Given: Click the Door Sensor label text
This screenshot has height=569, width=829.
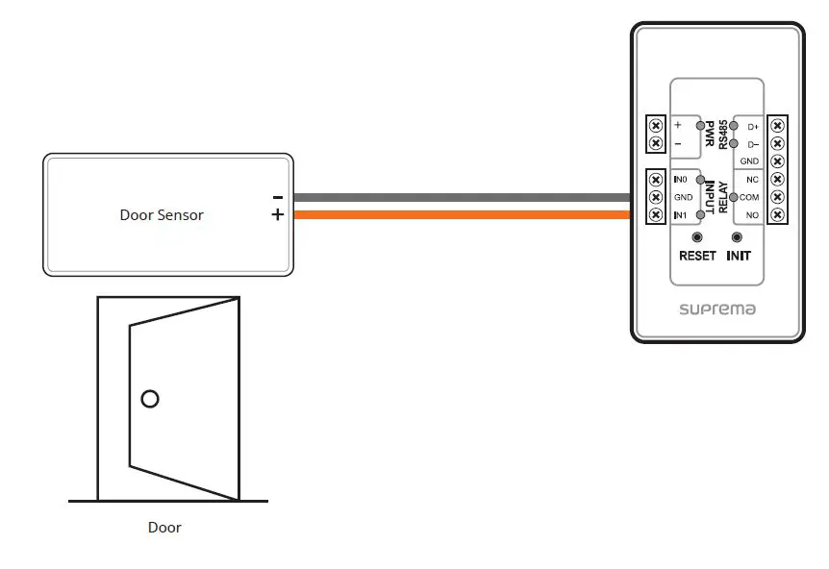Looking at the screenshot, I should [162, 215].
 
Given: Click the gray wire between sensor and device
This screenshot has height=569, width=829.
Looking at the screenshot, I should [462, 198].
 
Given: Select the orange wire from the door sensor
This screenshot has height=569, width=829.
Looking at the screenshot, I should [462, 215].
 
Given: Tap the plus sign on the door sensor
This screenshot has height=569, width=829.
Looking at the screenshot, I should [277, 215].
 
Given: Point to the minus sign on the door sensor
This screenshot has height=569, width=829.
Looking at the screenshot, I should [277, 196].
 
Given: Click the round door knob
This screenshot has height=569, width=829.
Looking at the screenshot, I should [149, 398].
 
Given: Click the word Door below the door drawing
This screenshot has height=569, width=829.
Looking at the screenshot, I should [164, 528].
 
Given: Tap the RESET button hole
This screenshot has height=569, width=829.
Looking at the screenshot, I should [697, 237].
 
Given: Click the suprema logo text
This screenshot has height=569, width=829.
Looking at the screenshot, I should [716, 309].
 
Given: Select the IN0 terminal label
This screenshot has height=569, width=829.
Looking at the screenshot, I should [681, 180].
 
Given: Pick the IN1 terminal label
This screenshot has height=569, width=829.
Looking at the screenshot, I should [681, 214].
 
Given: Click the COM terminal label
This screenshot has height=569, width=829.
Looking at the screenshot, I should [749, 197].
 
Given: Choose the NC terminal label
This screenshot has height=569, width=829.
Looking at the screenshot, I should [751, 180].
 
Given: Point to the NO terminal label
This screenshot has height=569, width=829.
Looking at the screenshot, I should [751, 214].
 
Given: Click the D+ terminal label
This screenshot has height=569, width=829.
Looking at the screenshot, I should [751, 126].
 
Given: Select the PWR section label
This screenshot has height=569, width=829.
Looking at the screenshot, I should [710, 135].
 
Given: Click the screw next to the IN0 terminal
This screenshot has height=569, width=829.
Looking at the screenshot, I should [656, 180].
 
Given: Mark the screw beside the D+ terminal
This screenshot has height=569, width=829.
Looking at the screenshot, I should [777, 126].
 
